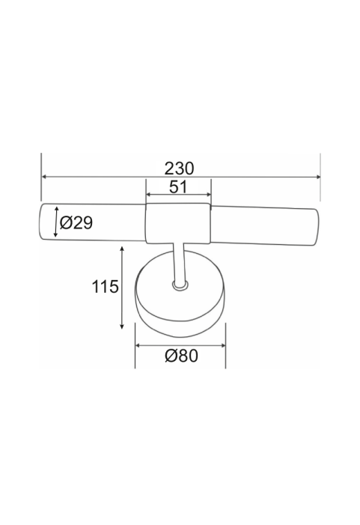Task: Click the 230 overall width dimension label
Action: pos(179,169)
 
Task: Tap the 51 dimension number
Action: pos(178,186)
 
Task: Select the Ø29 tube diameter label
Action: pos(76,222)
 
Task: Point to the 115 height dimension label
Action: pos(105,287)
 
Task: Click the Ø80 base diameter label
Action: pos(181,355)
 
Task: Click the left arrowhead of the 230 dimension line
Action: pos(44,177)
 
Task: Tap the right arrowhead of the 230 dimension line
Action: pos(318,177)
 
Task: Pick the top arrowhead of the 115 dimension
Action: pos(122,249)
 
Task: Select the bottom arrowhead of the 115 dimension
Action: pos(122,326)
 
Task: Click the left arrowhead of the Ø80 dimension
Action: pos(138,345)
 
